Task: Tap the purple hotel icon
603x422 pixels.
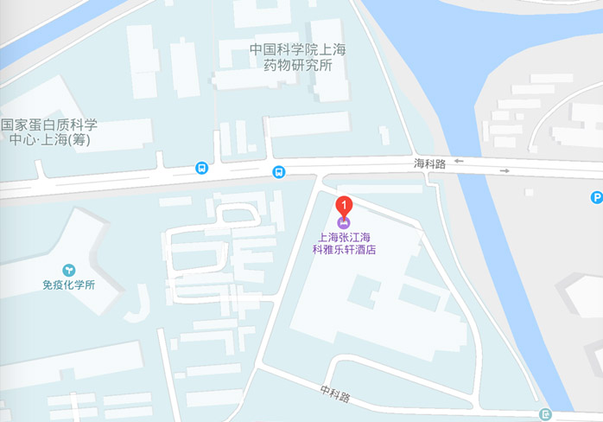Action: (x=345, y=223)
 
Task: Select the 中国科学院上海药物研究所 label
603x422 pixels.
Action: (x=297, y=57)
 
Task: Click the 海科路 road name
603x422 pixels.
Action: (x=429, y=163)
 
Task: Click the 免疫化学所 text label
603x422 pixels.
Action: (x=68, y=285)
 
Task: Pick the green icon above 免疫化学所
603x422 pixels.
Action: (x=68, y=270)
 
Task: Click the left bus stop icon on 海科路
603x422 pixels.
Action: (x=201, y=169)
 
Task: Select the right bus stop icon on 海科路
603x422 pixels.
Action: (x=278, y=171)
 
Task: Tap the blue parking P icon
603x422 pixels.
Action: (x=596, y=197)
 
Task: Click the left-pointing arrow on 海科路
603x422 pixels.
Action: (x=459, y=161)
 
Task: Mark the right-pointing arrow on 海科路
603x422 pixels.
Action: (x=505, y=170)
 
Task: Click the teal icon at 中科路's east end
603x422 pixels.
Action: (x=544, y=415)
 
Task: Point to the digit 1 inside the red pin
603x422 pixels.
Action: (x=345, y=205)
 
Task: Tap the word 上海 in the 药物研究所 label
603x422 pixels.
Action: (x=333, y=50)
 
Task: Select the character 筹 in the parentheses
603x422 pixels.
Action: (x=80, y=139)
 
